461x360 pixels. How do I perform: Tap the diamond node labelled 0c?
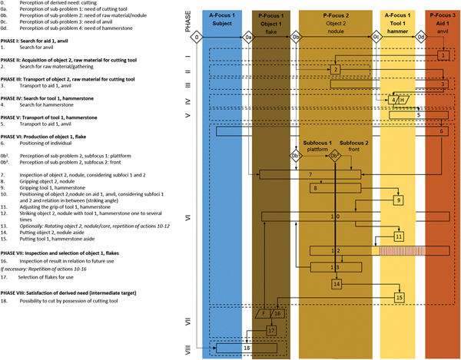pos(376,38)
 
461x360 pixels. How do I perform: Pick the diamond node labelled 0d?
pos(420,38)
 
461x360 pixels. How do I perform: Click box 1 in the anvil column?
pos(443,55)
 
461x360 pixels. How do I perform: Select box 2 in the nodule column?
pos(337,70)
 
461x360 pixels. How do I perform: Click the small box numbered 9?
pos(399,200)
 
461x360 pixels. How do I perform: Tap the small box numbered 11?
pos(399,237)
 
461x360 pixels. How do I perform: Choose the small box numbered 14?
pos(337,284)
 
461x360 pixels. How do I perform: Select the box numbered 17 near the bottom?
pos(270,330)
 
